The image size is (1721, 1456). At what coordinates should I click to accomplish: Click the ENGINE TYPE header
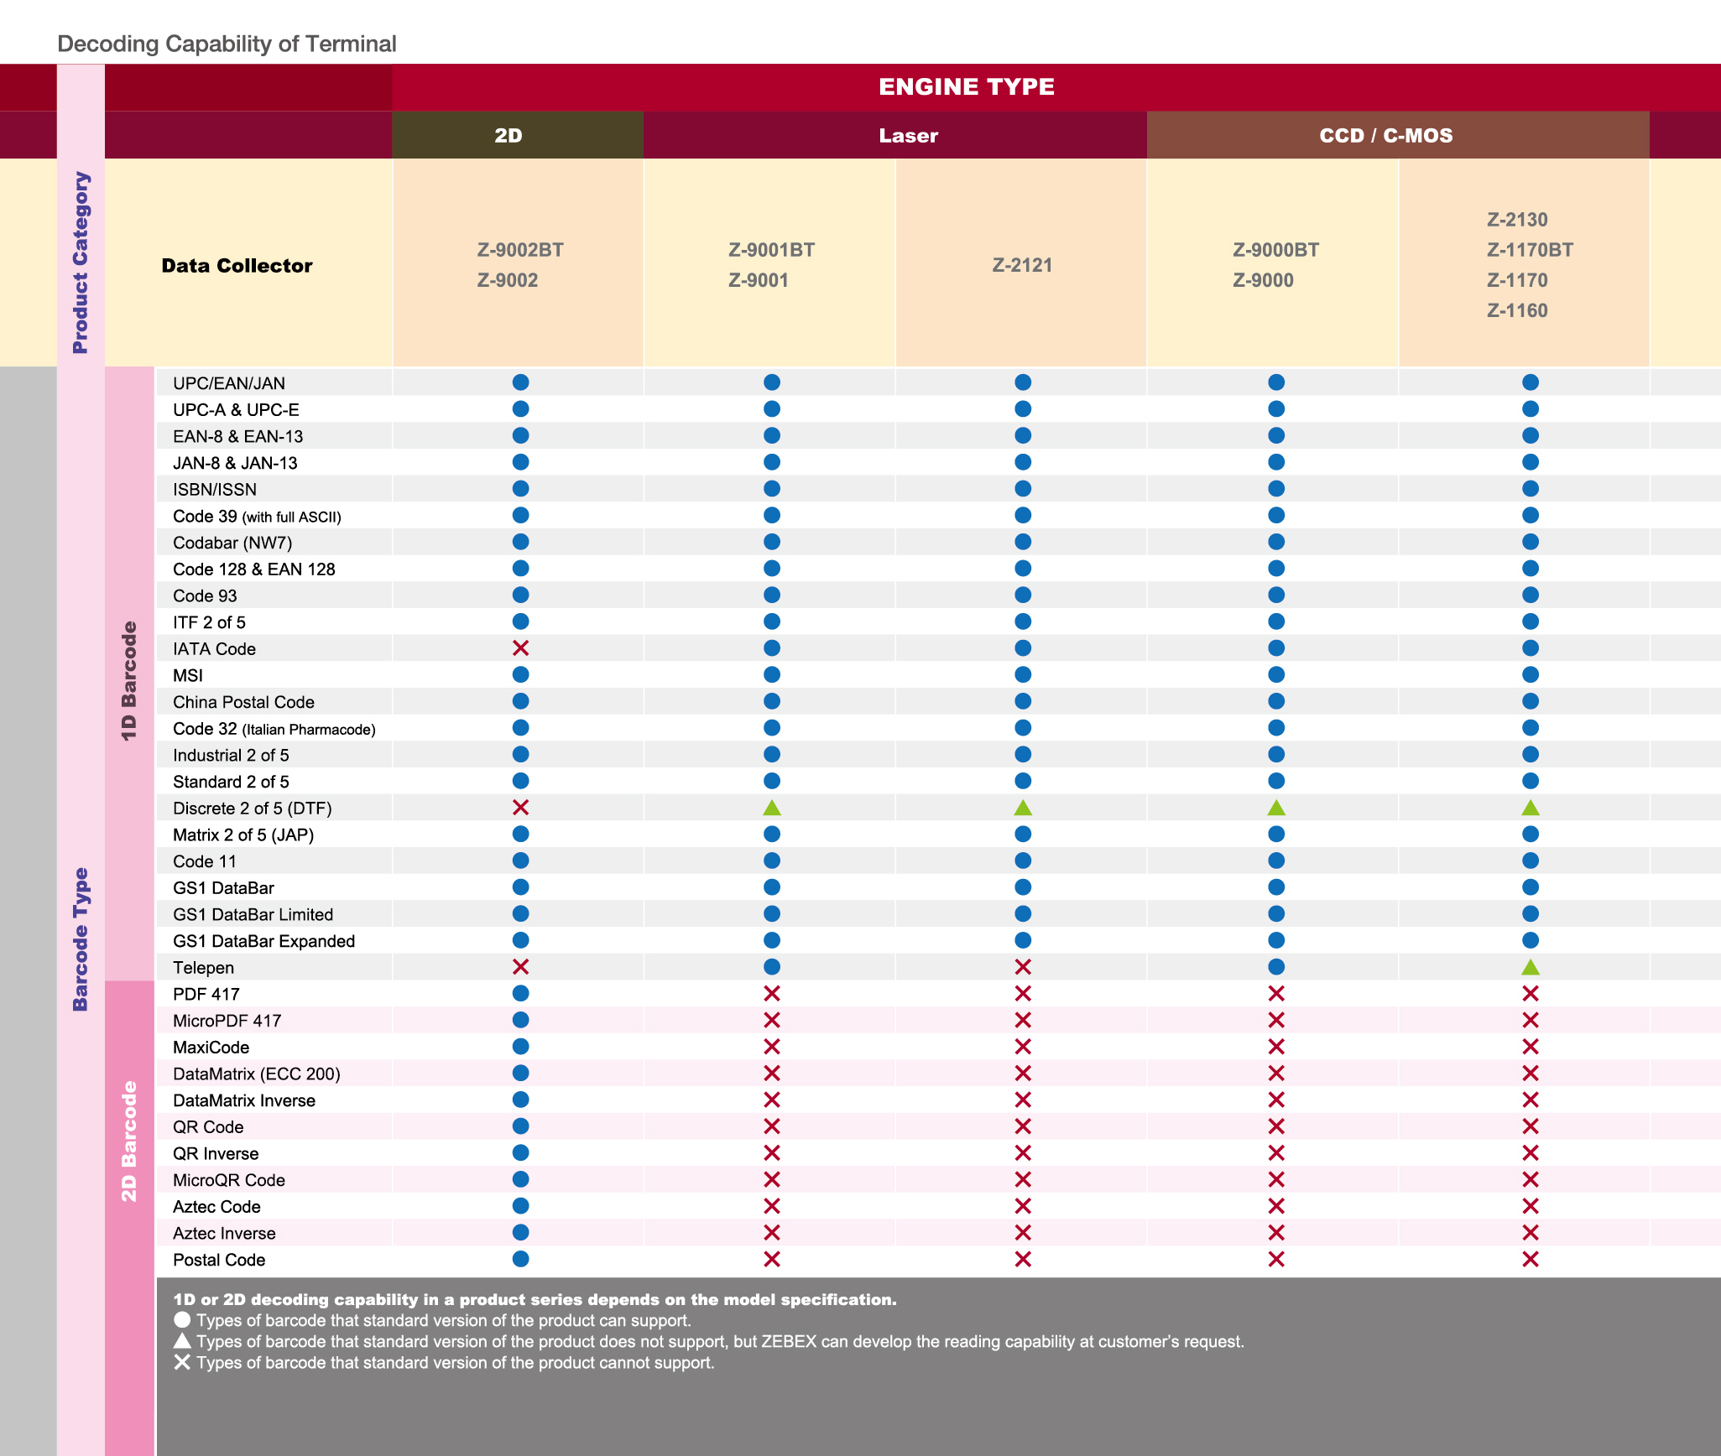967,86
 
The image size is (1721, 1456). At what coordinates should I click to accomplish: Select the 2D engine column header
508,135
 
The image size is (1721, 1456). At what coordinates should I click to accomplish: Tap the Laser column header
908,135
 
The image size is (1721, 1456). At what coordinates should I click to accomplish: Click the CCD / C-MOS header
1385,135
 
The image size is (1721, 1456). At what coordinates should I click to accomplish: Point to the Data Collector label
237,266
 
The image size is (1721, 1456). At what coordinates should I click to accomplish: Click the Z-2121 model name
1022,265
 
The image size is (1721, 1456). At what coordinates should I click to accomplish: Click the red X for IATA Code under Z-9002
520,648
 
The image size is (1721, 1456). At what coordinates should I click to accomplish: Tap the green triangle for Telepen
1531,967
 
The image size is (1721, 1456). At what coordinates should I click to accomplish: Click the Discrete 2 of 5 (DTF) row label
252,809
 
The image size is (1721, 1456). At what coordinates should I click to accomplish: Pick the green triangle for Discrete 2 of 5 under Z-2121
1023,808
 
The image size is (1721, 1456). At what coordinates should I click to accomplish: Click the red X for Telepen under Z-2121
1023,967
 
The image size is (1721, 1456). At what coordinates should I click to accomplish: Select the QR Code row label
208,1127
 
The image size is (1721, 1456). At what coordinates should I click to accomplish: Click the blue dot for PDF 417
520,993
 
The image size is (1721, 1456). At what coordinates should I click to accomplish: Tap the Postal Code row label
219,1260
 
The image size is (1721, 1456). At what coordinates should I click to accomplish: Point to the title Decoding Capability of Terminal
227,44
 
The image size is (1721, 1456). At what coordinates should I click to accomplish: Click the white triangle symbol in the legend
182,1340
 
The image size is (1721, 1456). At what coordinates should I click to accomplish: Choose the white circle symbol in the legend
182,1319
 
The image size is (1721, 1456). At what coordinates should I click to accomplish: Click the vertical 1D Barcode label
129,681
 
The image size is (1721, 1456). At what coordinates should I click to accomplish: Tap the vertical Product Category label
81,263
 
